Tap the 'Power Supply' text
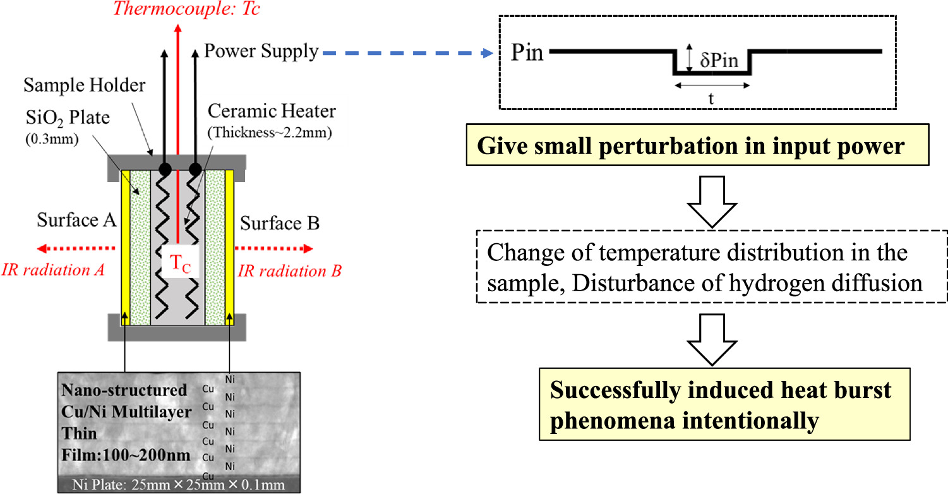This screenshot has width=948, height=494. (x=261, y=51)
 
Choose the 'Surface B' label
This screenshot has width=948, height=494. (x=280, y=223)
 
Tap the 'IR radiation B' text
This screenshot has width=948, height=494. (x=290, y=271)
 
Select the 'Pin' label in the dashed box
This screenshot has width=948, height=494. (x=527, y=52)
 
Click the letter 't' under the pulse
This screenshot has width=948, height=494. (x=712, y=98)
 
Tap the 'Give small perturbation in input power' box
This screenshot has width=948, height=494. (x=691, y=147)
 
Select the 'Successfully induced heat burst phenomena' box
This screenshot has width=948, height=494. (x=724, y=406)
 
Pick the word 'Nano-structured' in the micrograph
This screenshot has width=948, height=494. (x=124, y=390)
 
